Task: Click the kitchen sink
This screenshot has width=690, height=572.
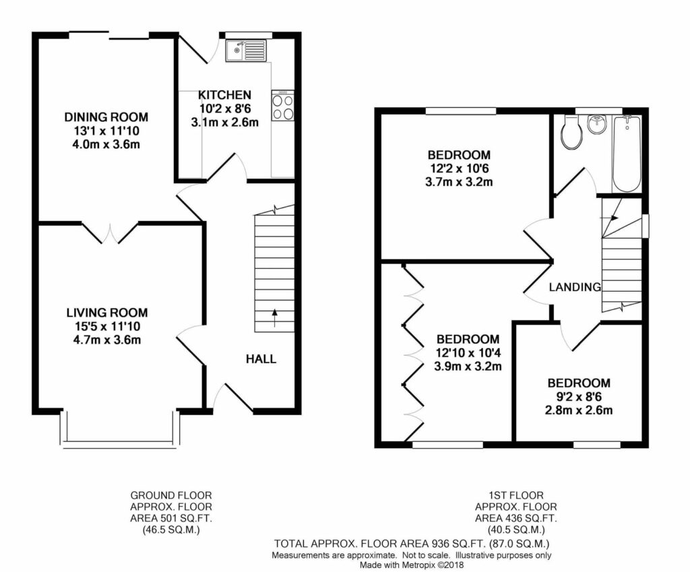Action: (246, 51)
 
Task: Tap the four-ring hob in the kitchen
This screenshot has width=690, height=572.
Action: (282, 106)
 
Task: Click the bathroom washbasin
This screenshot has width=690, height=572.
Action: (598, 124)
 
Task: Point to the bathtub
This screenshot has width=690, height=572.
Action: (627, 154)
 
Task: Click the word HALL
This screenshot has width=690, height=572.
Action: (261, 359)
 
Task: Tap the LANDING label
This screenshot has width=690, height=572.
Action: (575, 287)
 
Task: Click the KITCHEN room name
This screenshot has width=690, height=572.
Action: (224, 94)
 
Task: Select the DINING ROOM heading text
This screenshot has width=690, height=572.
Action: (106, 117)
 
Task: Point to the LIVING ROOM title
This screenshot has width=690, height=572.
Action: (107, 313)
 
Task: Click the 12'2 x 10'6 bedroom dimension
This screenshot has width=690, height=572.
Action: (459, 168)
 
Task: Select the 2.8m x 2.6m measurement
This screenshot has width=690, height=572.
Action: (579, 410)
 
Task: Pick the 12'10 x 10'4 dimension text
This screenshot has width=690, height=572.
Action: (468, 352)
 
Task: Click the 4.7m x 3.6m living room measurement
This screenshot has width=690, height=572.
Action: (106, 340)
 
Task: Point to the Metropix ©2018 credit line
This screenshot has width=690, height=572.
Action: (412, 565)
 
